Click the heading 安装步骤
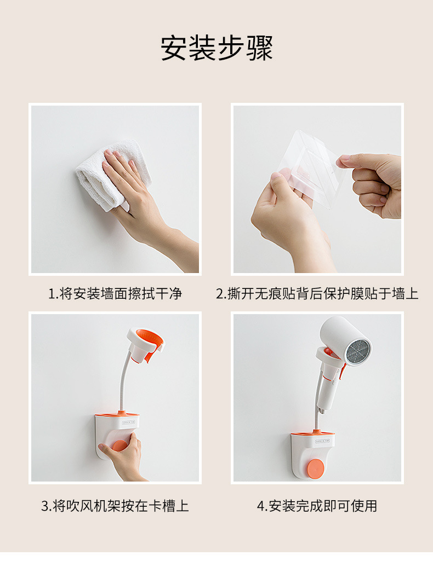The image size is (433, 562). [x=216, y=48]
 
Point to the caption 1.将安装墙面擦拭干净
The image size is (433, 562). [x=115, y=293]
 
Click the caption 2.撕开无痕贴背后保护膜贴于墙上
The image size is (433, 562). [x=317, y=293]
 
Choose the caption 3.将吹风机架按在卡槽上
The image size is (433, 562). [x=115, y=506]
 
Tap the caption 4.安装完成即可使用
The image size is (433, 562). [x=317, y=506]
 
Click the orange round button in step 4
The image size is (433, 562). [x=315, y=468]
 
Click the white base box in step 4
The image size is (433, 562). [x=312, y=456]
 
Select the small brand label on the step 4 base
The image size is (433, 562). [x=322, y=441]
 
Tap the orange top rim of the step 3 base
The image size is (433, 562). [x=117, y=414]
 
